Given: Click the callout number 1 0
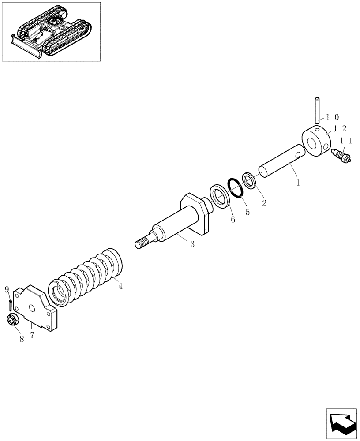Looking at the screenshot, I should pos(332,117).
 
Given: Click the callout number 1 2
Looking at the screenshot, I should pos(340,128).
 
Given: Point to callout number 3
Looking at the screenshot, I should pos(192,244).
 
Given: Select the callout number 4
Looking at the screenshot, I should pos(120,286).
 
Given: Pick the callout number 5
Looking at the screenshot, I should pos(247,212).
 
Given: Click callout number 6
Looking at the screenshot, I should pos(232,219).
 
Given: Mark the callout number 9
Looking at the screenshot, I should pos(7,289).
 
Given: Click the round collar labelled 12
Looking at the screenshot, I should pos(316,141).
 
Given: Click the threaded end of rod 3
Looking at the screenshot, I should pos(142,243).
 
